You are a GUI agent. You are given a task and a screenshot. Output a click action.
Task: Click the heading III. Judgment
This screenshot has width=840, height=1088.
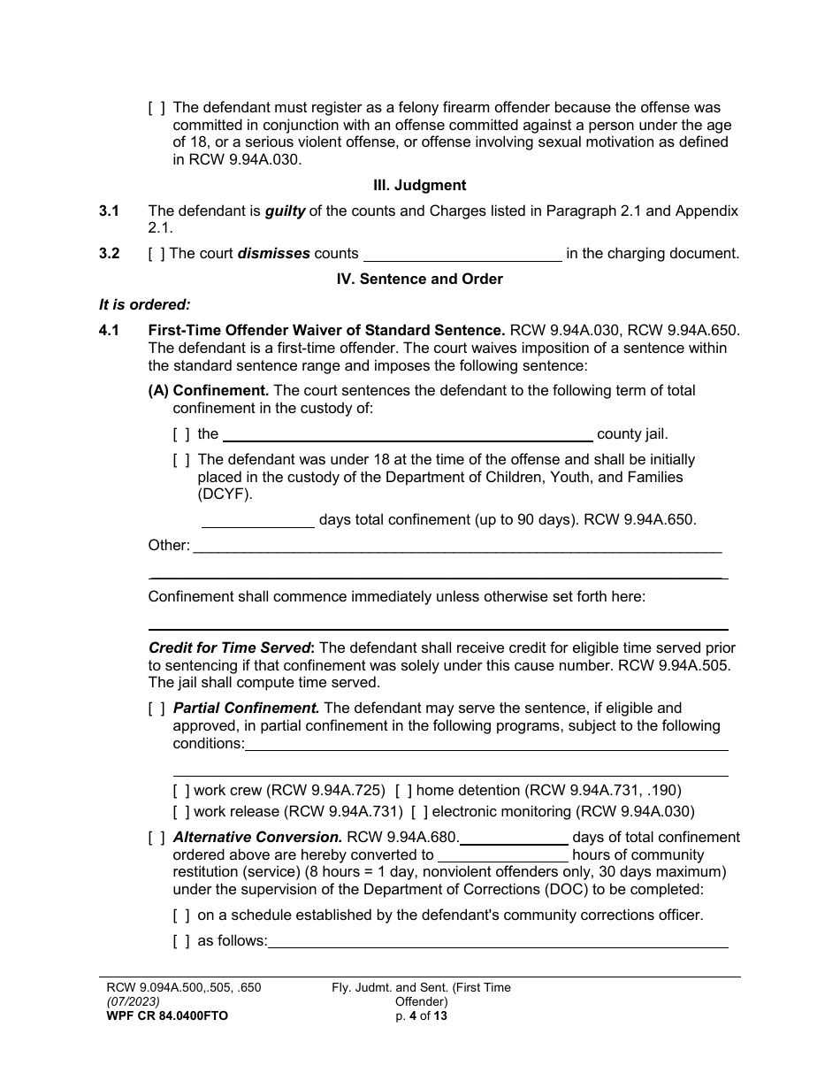coord(419,186)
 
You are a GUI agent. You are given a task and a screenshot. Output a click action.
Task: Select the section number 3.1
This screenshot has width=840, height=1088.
coord(109,211)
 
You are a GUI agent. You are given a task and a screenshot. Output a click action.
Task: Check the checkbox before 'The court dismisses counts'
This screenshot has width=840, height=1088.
coord(157,254)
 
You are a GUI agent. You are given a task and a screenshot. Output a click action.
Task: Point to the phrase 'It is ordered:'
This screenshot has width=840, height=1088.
coord(144,305)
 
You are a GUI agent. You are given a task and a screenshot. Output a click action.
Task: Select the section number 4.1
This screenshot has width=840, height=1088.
coord(109,331)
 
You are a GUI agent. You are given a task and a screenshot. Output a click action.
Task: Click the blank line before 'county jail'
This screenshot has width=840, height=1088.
coord(407,434)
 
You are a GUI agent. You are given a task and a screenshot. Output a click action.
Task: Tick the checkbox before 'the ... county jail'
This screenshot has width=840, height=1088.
coord(181,434)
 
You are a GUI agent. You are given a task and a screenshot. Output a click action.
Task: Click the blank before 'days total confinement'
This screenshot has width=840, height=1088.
coord(257,521)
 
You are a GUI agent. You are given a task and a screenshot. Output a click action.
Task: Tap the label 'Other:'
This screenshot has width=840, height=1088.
coord(169,546)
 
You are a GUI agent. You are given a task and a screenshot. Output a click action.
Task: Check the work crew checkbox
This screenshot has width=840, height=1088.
coord(181,791)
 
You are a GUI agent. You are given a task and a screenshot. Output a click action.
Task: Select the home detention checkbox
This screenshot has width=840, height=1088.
coord(403,791)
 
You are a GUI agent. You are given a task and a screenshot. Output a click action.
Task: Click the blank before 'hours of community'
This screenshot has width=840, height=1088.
coord(503,855)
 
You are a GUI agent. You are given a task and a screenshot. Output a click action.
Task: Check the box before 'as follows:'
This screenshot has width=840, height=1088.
coord(181,941)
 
